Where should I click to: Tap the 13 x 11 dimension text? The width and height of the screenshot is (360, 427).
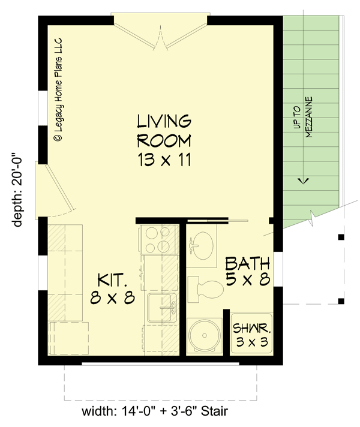(x=164, y=160)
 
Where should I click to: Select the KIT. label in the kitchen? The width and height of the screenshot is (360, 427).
(x=112, y=279)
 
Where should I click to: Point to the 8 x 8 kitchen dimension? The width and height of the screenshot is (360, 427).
(x=112, y=298)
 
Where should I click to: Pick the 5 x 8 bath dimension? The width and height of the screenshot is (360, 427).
(x=247, y=279)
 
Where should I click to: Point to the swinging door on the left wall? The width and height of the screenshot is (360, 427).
(x=54, y=189)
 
